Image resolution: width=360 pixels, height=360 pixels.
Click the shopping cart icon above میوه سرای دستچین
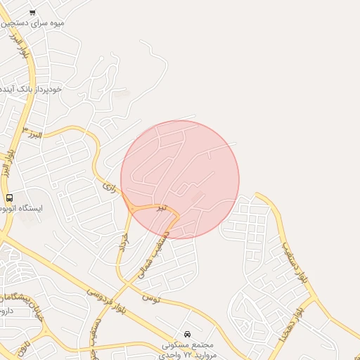(33, 13)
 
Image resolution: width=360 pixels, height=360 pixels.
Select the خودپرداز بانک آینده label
(31, 89)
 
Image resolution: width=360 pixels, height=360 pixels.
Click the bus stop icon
(9, 198)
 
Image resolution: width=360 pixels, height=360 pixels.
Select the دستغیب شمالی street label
(156, 254)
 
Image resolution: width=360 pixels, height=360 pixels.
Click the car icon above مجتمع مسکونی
(187, 333)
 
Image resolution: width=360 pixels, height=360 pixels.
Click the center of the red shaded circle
(180, 179)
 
